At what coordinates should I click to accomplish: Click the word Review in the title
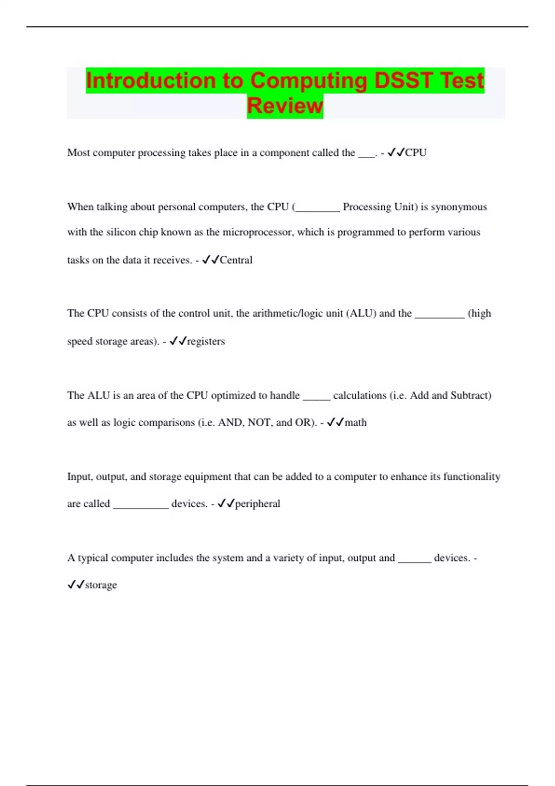tap(285, 106)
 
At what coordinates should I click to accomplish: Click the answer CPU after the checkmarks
tap(416, 153)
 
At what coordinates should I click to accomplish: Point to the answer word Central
tap(236, 260)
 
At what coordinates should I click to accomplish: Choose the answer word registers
tap(206, 341)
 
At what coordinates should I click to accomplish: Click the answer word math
tap(356, 423)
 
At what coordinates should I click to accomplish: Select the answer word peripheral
tap(258, 504)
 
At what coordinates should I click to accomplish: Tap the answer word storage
tap(101, 585)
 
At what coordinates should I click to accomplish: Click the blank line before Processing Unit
tap(317, 208)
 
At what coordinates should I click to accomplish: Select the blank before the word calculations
tap(316, 397)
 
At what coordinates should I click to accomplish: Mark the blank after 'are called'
tap(141, 505)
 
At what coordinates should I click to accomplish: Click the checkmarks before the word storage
tap(76, 585)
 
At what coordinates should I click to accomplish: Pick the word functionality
tap(472, 477)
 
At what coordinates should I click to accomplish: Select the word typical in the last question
tap(92, 558)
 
